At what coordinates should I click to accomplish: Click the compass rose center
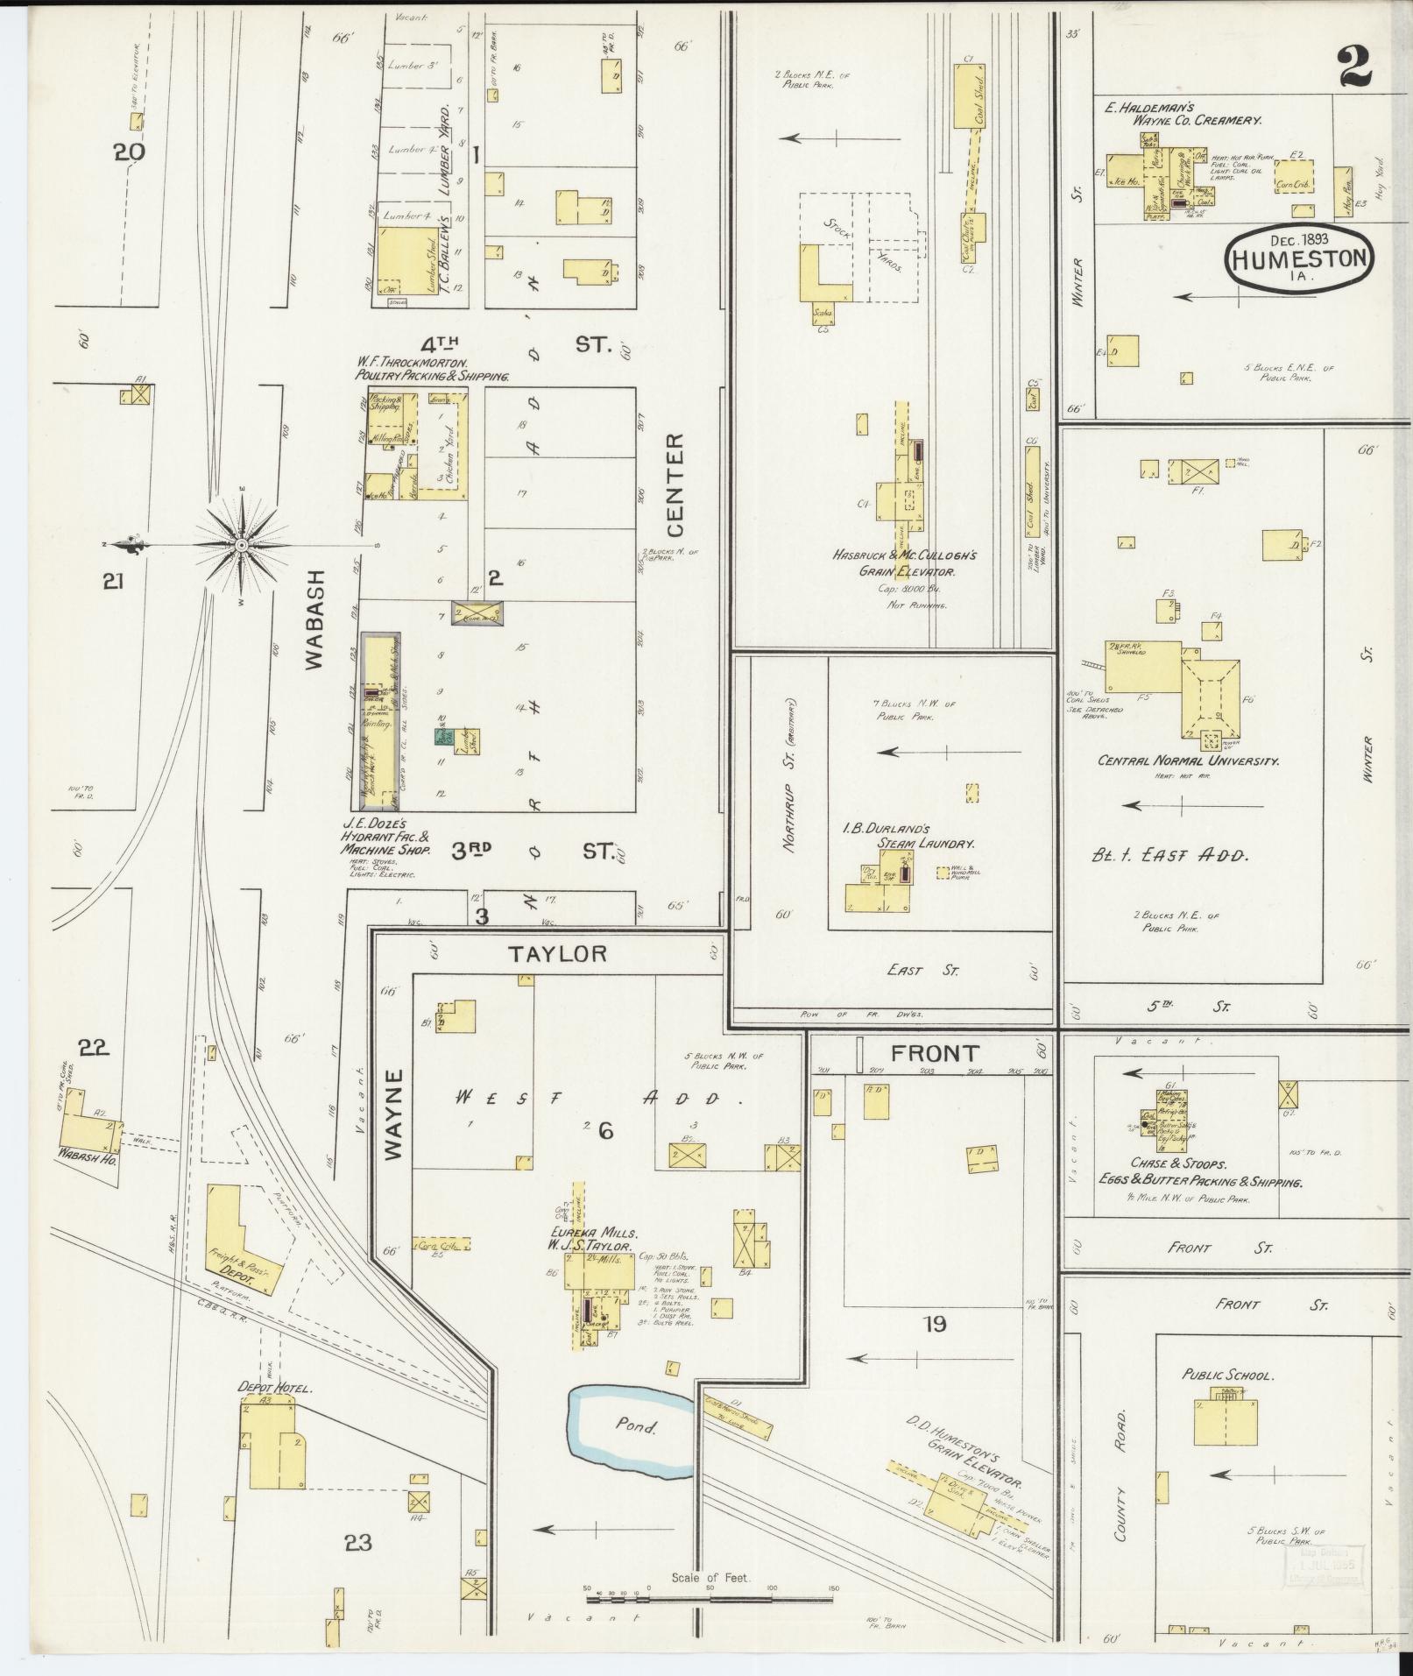coord(241,544)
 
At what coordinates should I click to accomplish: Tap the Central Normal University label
coord(1187,760)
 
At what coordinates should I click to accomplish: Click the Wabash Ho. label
coord(88,1153)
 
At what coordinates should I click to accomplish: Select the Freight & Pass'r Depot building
coord(240,1239)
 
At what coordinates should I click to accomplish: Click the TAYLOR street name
coord(558,953)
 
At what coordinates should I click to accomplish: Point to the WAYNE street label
coord(393,1114)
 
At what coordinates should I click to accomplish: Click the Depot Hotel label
coord(275,1388)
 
